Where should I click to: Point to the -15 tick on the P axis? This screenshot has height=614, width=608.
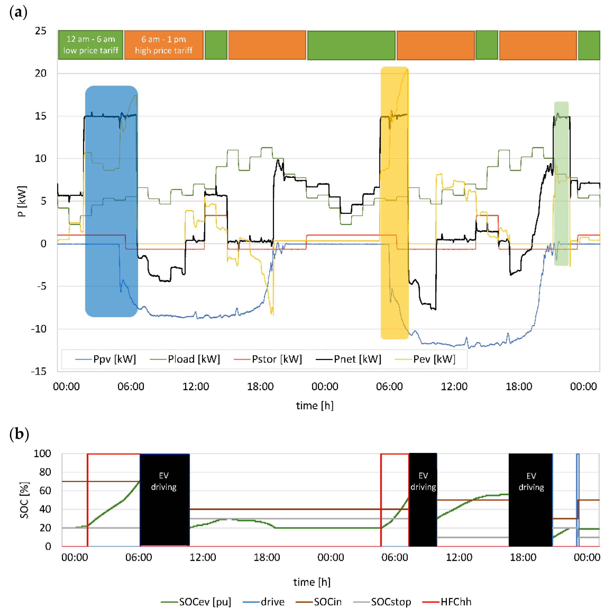pyautogui.click(x=39, y=371)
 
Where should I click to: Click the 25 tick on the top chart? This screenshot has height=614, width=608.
pyautogui.click(x=41, y=31)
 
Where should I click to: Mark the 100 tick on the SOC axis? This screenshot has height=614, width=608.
pyautogui.click(x=42, y=454)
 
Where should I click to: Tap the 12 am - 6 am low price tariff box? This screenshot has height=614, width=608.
pyautogui.click(x=91, y=45)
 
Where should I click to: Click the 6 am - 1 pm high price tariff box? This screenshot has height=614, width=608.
pyautogui.click(x=164, y=45)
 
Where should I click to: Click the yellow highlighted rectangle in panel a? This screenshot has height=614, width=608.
pyautogui.click(x=394, y=203)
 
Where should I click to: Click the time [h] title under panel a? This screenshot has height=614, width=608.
pyautogui.click(x=315, y=406)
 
